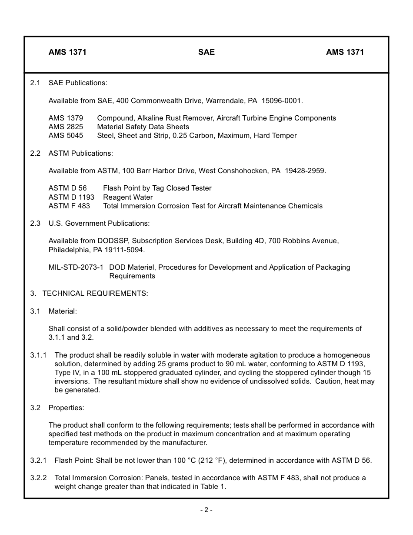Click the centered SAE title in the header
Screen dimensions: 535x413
point(206,52)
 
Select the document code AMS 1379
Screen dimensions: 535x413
point(66,118)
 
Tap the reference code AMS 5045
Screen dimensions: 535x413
point(66,136)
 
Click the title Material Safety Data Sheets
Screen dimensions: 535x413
point(143,127)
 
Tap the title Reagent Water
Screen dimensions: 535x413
point(128,197)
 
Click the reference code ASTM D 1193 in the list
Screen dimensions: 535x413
point(71,197)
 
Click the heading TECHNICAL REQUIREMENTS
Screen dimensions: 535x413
point(95,294)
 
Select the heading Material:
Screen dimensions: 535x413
point(63,311)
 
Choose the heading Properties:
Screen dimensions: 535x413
point(66,408)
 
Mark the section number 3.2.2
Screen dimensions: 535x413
point(38,478)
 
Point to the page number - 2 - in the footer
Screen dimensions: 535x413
point(206,510)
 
